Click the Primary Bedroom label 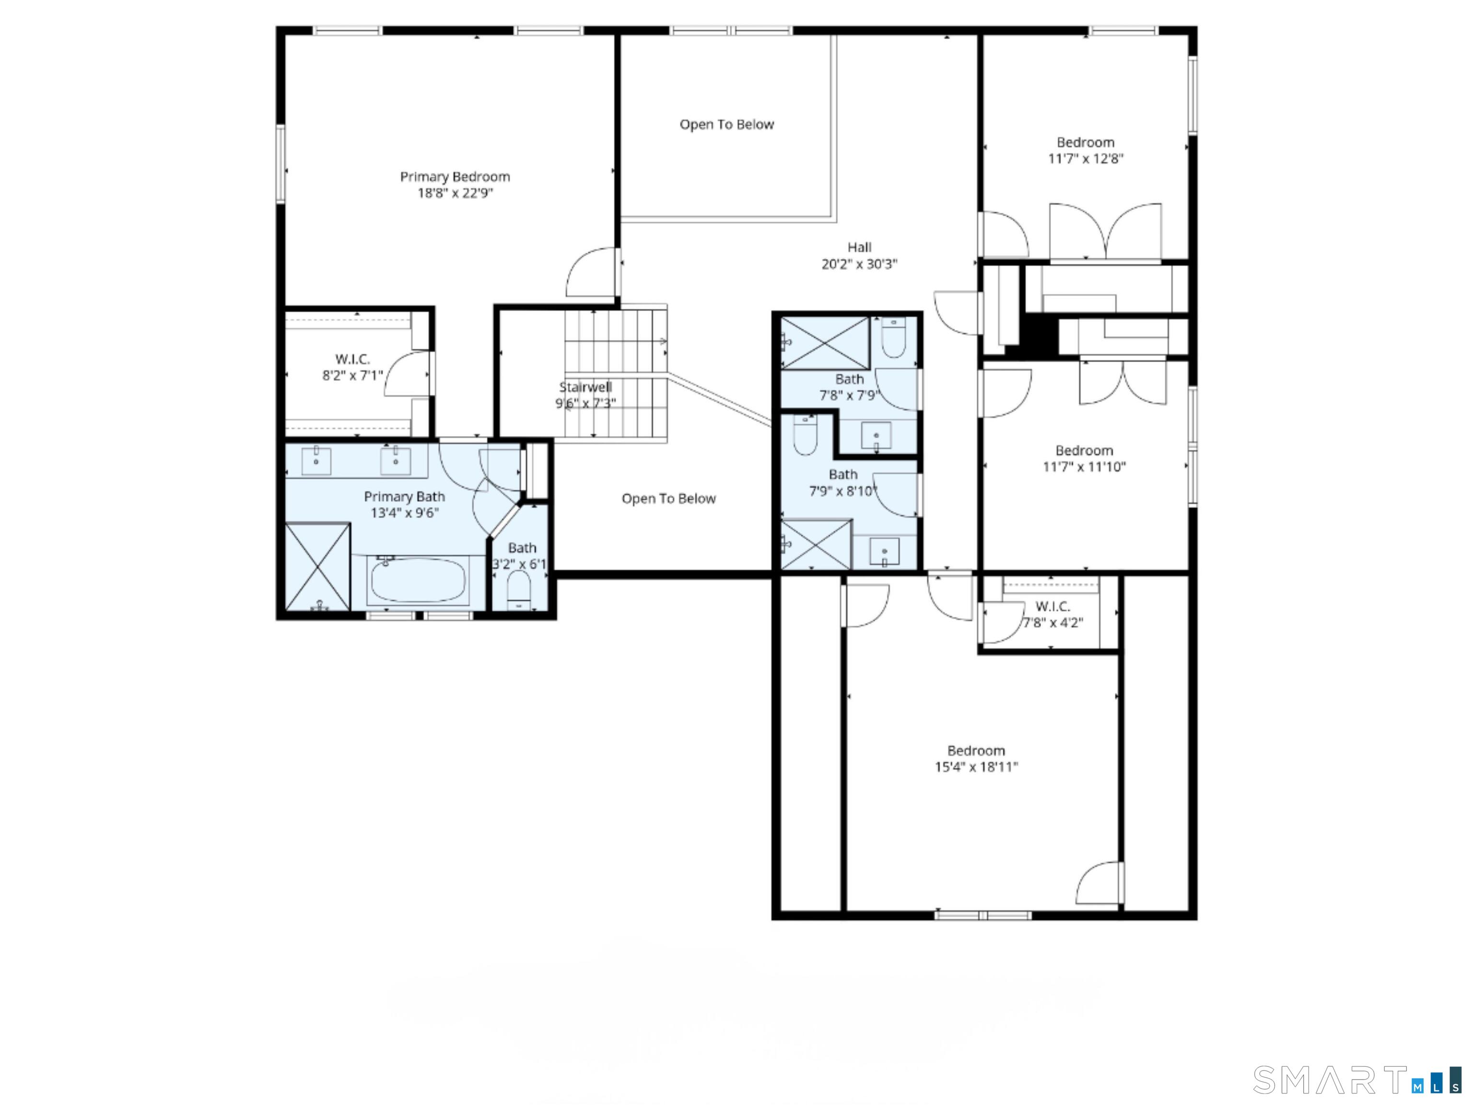(455, 176)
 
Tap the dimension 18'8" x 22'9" (455, 193)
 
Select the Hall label (859, 247)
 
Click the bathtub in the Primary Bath (418, 580)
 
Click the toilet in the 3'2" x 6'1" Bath (519, 590)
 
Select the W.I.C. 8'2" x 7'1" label (352, 367)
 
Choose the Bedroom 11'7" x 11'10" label (1084, 458)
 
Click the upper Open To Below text (726, 125)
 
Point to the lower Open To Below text (668, 498)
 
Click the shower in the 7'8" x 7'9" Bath (824, 342)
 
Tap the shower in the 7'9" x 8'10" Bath (816, 545)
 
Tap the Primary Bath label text (404, 496)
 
